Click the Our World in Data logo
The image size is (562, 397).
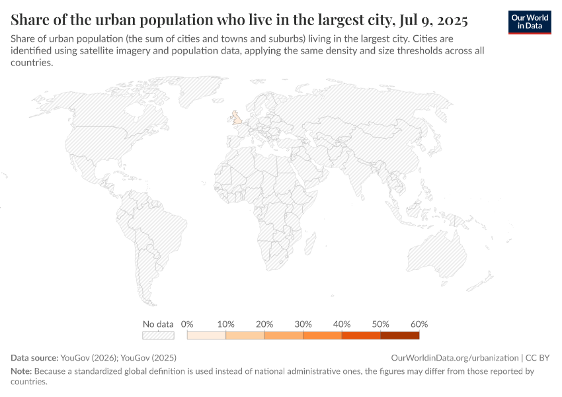(x=530, y=21)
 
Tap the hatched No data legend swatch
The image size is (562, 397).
(x=158, y=335)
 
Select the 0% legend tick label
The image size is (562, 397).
(x=187, y=324)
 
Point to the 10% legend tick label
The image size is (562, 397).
(x=226, y=324)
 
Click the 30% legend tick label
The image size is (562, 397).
(x=303, y=324)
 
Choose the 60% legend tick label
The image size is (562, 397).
(x=419, y=324)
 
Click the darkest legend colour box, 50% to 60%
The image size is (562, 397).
(x=400, y=335)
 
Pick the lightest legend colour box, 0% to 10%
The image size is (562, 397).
(x=206, y=335)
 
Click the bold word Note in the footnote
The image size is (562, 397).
(x=21, y=371)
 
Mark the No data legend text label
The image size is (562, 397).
(x=158, y=324)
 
